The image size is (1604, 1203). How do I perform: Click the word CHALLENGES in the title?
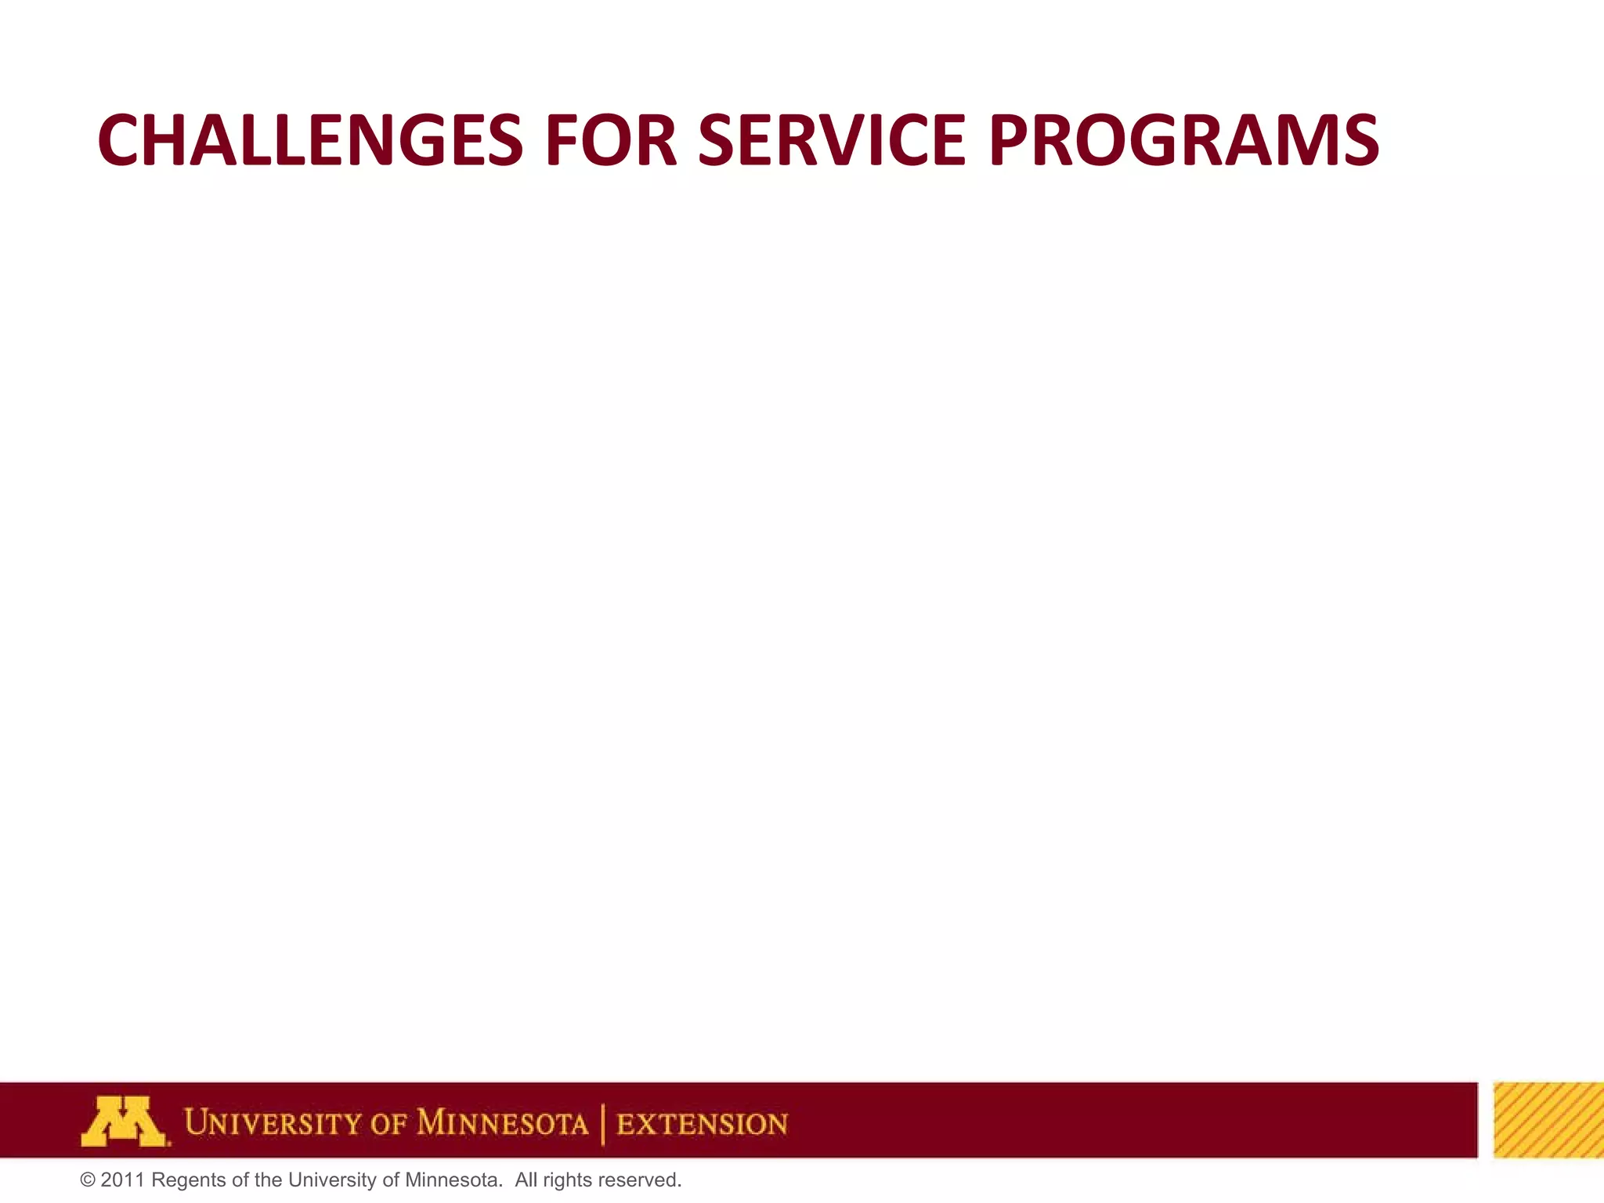(x=310, y=140)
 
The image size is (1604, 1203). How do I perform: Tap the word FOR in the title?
(x=610, y=140)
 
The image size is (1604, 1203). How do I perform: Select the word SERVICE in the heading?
(x=832, y=140)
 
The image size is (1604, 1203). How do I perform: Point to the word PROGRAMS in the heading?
(x=1183, y=140)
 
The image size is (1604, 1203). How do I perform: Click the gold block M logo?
(x=124, y=1122)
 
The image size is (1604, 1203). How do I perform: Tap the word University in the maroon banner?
(x=273, y=1123)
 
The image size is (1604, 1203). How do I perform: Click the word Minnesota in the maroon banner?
(x=502, y=1123)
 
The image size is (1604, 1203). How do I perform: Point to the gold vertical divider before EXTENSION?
(x=602, y=1124)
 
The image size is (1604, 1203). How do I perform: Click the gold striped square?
(x=1548, y=1120)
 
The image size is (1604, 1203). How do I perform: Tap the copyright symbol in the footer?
(x=88, y=1180)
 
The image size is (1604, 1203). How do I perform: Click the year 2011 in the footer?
(x=123, y=1180)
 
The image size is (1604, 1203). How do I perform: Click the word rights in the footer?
(x=568, y=1180)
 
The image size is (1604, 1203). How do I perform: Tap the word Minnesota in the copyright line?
(x=453, y=1180)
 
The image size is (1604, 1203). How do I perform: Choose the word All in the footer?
(x=526, y=1180)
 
